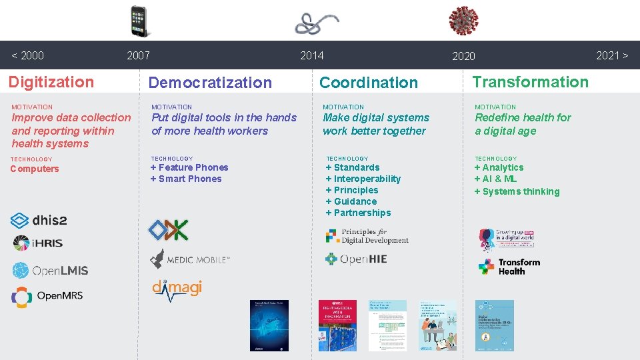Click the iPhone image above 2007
[139, 21]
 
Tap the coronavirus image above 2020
[463, 21]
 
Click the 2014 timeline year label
[311, 55]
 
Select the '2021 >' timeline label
[611, 55]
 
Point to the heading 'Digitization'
[51, 82]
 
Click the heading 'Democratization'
[210, 83]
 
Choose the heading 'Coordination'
[369, 83]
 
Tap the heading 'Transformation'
[531, 82]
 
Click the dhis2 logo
[39, 220]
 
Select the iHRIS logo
[38, 243]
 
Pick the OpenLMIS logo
[50, 270]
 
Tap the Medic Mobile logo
[189, 259]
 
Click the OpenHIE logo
[356, 259]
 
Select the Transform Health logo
[509, 267]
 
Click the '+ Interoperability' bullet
[363, 179]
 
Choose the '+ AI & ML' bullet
[495, 179]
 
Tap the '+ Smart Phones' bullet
[186, 179]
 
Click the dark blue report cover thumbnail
[269, 325]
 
